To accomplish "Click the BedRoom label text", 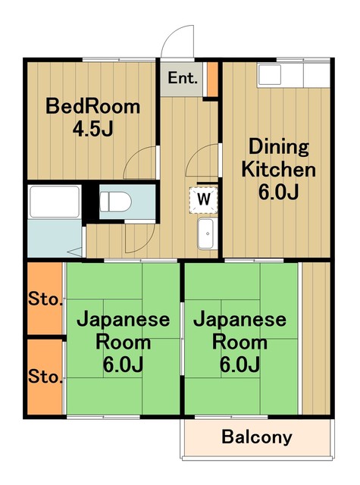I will point(93,106).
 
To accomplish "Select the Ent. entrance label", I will point(183,78).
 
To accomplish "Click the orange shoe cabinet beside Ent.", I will point(212,78).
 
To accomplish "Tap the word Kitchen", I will point(279,168).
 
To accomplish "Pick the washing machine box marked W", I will point(203,199).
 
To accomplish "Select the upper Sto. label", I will point(45,300).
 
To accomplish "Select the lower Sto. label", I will point(45,377).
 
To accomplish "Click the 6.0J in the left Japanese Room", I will point(124,365).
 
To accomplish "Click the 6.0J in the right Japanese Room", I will point(239,365).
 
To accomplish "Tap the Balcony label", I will point(256,437).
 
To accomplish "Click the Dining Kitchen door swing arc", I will point(202,161).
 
